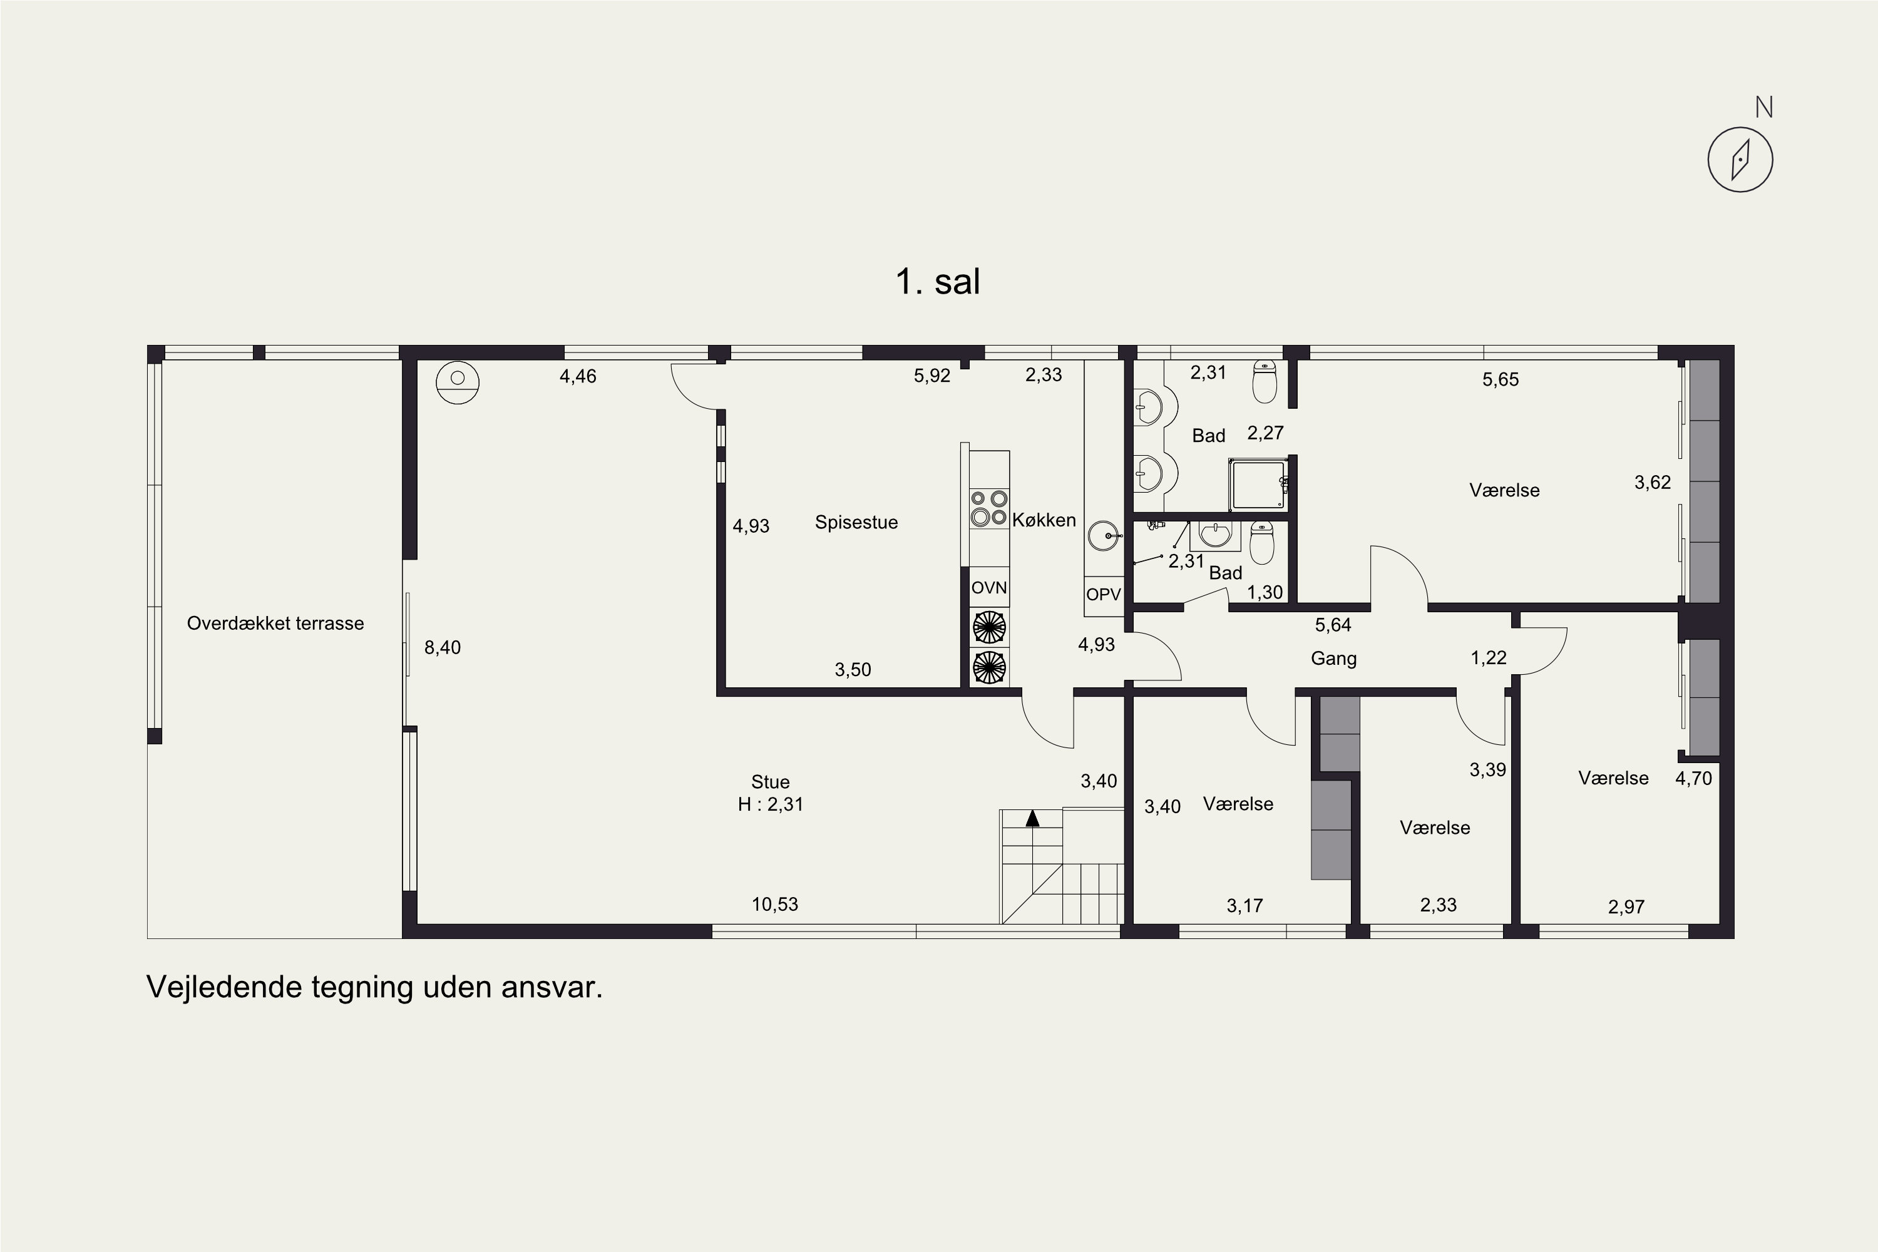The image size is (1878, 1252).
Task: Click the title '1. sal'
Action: click(x=938, y=282)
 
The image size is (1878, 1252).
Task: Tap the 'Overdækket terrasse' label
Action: click(x=275, y=623)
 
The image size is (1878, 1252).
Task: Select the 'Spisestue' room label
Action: click(x=856, y=523)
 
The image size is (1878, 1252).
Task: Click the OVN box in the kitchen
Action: click(x=989, y=588)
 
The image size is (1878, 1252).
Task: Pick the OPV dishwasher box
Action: click(x=1104, y=595)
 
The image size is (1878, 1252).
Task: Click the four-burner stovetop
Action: click(x=989, y=508)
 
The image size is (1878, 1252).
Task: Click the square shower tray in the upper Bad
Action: click(x=1258, y=485)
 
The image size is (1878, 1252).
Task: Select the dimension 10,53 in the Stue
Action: click(x=774, y=905)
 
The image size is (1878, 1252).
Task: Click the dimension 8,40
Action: click(x=443, y=647)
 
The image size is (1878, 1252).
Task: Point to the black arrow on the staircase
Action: click(x=1032, y=818)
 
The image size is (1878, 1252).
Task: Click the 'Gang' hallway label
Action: click(x=1333, y=659)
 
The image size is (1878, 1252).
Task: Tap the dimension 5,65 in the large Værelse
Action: click(x=1501, y=380)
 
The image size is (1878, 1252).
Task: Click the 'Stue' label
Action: click(x=771, y=782)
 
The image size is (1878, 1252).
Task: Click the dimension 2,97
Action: click(x=1626, y=907)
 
